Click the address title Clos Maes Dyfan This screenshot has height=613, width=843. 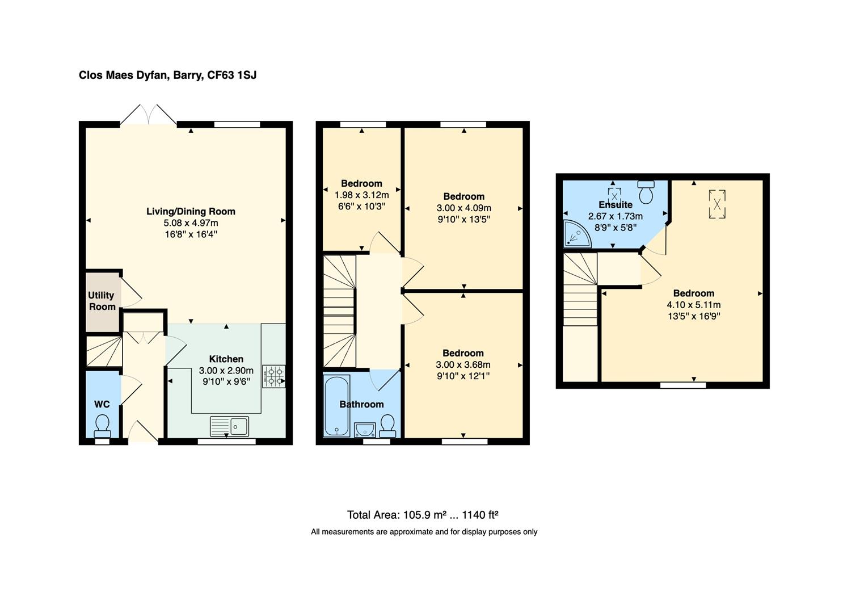[x=167, y=75]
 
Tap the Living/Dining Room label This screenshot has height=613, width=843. [x=191, y=211]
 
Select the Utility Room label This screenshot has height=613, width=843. [x=102, y=301]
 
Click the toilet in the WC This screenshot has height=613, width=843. [x=102, y=424]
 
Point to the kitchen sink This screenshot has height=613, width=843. [x=229, y=426]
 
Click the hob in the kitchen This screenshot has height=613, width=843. [x=274, y=376]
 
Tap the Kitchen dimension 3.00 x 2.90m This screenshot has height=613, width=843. [x=226, y=371]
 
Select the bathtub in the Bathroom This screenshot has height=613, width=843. [x=336, y=406]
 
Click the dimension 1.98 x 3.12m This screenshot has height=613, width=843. [x=361, y=195]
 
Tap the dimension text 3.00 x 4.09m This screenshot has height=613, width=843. [x=463, y=208]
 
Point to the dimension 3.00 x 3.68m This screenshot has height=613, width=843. [x=463, y=364]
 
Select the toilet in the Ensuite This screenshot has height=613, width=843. [x=646, y=192]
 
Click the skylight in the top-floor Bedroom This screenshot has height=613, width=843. [x=717, y=204]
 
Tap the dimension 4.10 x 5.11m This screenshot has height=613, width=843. [x=693, y=305]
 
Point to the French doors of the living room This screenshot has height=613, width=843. [x=149, y=115]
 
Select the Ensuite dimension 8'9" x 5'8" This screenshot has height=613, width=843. [x=615, y=228]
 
